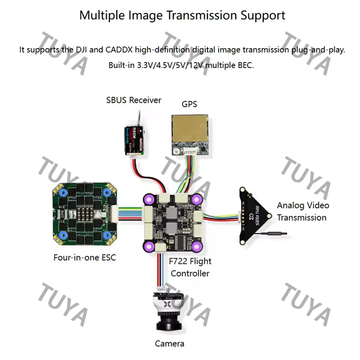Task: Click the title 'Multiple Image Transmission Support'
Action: [182, 15]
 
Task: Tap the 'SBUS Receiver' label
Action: [133, 100]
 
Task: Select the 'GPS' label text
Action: [189, 104]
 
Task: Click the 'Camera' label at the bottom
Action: [170, 344]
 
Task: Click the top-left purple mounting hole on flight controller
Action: [149, 198]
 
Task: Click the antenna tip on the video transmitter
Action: [283, 233]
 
